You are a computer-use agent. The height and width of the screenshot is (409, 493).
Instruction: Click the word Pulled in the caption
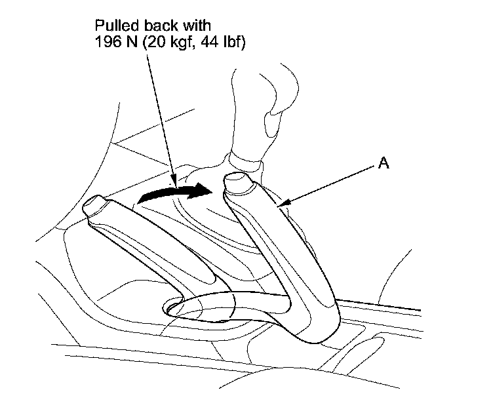[x=115, y=28]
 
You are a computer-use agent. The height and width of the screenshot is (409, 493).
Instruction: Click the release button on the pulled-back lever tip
[x=236, y=184]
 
